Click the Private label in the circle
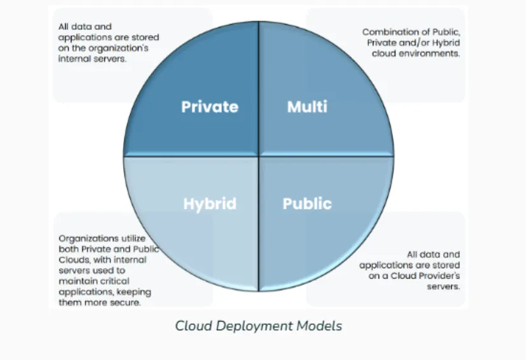(210, 106)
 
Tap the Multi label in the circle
(307, 106)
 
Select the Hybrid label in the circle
(210, 204)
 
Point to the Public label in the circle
(307, 204)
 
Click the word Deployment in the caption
(252, 326)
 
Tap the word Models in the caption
(318, 326)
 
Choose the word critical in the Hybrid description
(114, 281)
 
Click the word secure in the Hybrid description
(126, 303)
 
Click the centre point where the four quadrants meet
(258, 157)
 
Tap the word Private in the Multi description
(381, 43)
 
